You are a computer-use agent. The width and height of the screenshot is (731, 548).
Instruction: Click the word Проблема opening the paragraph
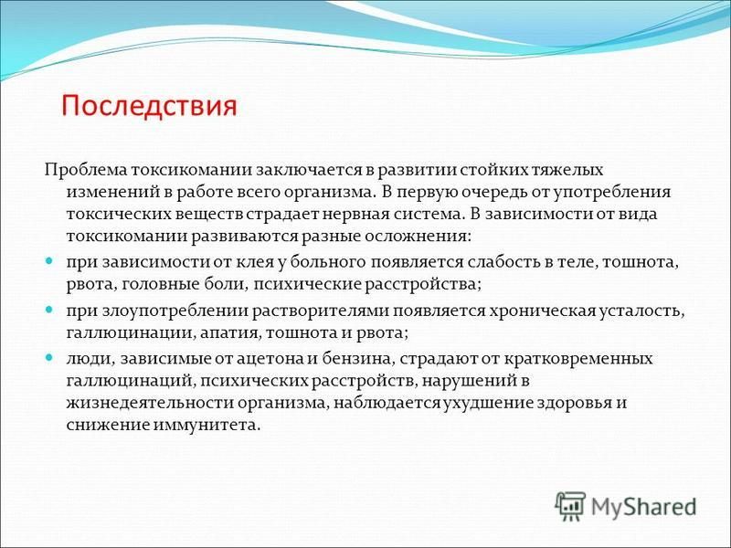(86, 170)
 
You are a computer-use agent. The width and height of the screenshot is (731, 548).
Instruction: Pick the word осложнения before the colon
(415, 237)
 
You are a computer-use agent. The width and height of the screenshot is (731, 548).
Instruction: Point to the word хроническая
(542, 311)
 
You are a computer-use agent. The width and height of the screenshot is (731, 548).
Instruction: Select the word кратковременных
(570, 359)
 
